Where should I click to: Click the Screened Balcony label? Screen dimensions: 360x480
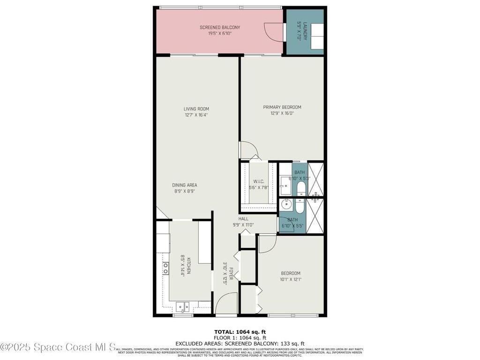pyautogui.click(x=219, y=28)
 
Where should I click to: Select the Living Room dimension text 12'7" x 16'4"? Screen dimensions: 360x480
pyautogui.click(x=196, y=115)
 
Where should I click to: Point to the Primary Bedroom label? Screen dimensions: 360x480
pyautogui.click(x=282, y=107)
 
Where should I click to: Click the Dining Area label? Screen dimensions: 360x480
pyautogui.click(x=184, y=185)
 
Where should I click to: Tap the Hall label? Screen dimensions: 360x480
pyautogui.click(x=243, y=219)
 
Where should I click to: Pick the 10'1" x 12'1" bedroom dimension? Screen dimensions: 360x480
pyautogui.click(x=291, y=280)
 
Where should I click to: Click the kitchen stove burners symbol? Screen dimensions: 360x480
pyautogui.click(x=165, y=268)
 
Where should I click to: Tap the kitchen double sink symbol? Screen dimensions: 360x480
pyautogui.click(x=182, y=307)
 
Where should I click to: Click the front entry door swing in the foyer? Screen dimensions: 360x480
pyautogui.click(x=226, y=302)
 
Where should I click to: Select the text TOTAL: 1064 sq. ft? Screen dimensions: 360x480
pyautogui.click(x=240, y=331)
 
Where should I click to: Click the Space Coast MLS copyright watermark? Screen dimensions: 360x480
pyautogui.click(x=58, y=347)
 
